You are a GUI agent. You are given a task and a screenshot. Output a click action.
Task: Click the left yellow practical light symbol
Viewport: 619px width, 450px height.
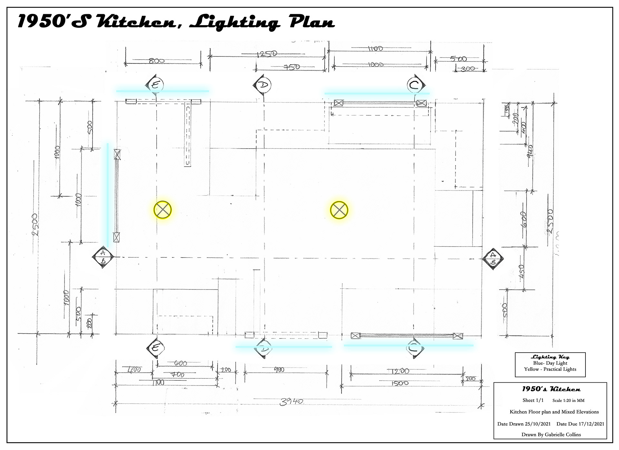tap(162, 210)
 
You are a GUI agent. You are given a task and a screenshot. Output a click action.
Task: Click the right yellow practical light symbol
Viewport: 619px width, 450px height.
tap(339, 210)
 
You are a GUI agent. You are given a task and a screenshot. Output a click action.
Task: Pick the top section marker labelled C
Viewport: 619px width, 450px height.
tap(415, 85)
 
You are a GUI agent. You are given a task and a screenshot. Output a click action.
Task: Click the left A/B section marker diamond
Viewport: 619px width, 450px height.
tap(103, 257)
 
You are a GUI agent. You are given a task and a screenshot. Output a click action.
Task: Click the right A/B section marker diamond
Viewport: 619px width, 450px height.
tap(493, 259)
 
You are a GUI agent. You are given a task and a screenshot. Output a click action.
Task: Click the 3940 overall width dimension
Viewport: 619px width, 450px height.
tap(291, 402)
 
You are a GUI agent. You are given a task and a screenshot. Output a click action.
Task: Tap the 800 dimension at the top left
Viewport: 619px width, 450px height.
tap(157, 60)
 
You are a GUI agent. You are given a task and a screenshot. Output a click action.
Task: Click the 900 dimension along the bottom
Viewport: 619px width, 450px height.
tap(279, 370)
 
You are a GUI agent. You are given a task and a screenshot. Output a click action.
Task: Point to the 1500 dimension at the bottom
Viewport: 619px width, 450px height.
tap(401, 383)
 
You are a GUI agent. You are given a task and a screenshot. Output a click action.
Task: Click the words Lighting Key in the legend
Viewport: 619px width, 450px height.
tap(550, 357)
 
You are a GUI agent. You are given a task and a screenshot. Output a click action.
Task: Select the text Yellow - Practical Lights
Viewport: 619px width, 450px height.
tap(550, 369)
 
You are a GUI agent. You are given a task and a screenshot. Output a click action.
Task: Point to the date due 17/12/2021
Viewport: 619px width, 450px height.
tap(580, 424)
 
